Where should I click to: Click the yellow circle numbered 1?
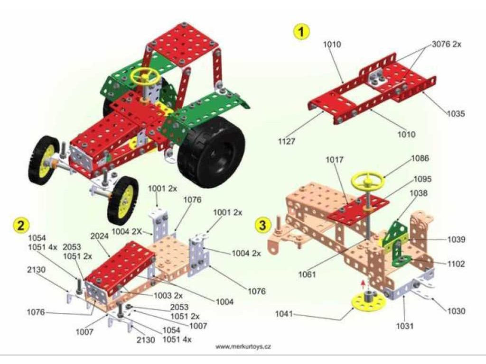[301, 32]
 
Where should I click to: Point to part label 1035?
[455, 114]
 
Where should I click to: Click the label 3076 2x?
[447, 44]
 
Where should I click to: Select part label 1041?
[285, 314]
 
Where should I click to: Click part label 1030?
[456, 311]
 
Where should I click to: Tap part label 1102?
[455, 264]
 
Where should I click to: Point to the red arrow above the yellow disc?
[363, 284]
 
